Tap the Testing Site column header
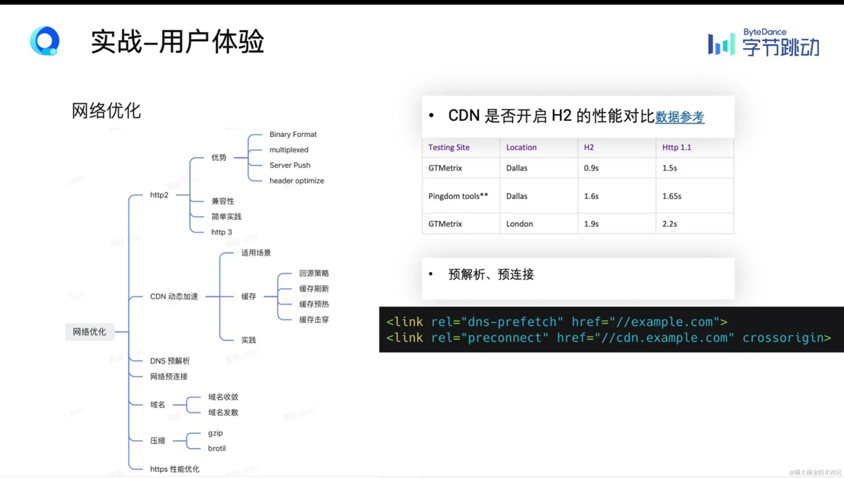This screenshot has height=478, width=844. (449, 147)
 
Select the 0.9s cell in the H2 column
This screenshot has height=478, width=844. (591, 168)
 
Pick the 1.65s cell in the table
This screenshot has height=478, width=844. (672, 196)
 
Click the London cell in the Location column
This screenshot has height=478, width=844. (519, 224)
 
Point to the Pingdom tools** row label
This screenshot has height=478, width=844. (458, 196)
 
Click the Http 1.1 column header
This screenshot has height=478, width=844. (676, 147)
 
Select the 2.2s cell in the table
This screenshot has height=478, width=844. (670, 224)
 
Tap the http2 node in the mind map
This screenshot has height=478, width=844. (159, 195)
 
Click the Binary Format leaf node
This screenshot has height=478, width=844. (293, 134)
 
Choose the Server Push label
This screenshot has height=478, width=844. (290, 165)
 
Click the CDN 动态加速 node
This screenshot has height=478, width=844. (174, 296)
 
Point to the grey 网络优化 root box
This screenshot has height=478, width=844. (89, 331)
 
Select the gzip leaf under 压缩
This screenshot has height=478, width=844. (215, 433)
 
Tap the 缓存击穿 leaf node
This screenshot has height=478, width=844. (314, 320)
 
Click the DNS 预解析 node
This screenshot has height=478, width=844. (170, 361)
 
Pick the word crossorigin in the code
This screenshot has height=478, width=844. (786, 338)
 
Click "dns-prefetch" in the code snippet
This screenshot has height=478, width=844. (512, 322)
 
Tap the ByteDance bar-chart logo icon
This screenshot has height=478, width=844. (721, 44)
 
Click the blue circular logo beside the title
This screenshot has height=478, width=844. (45, 41)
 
